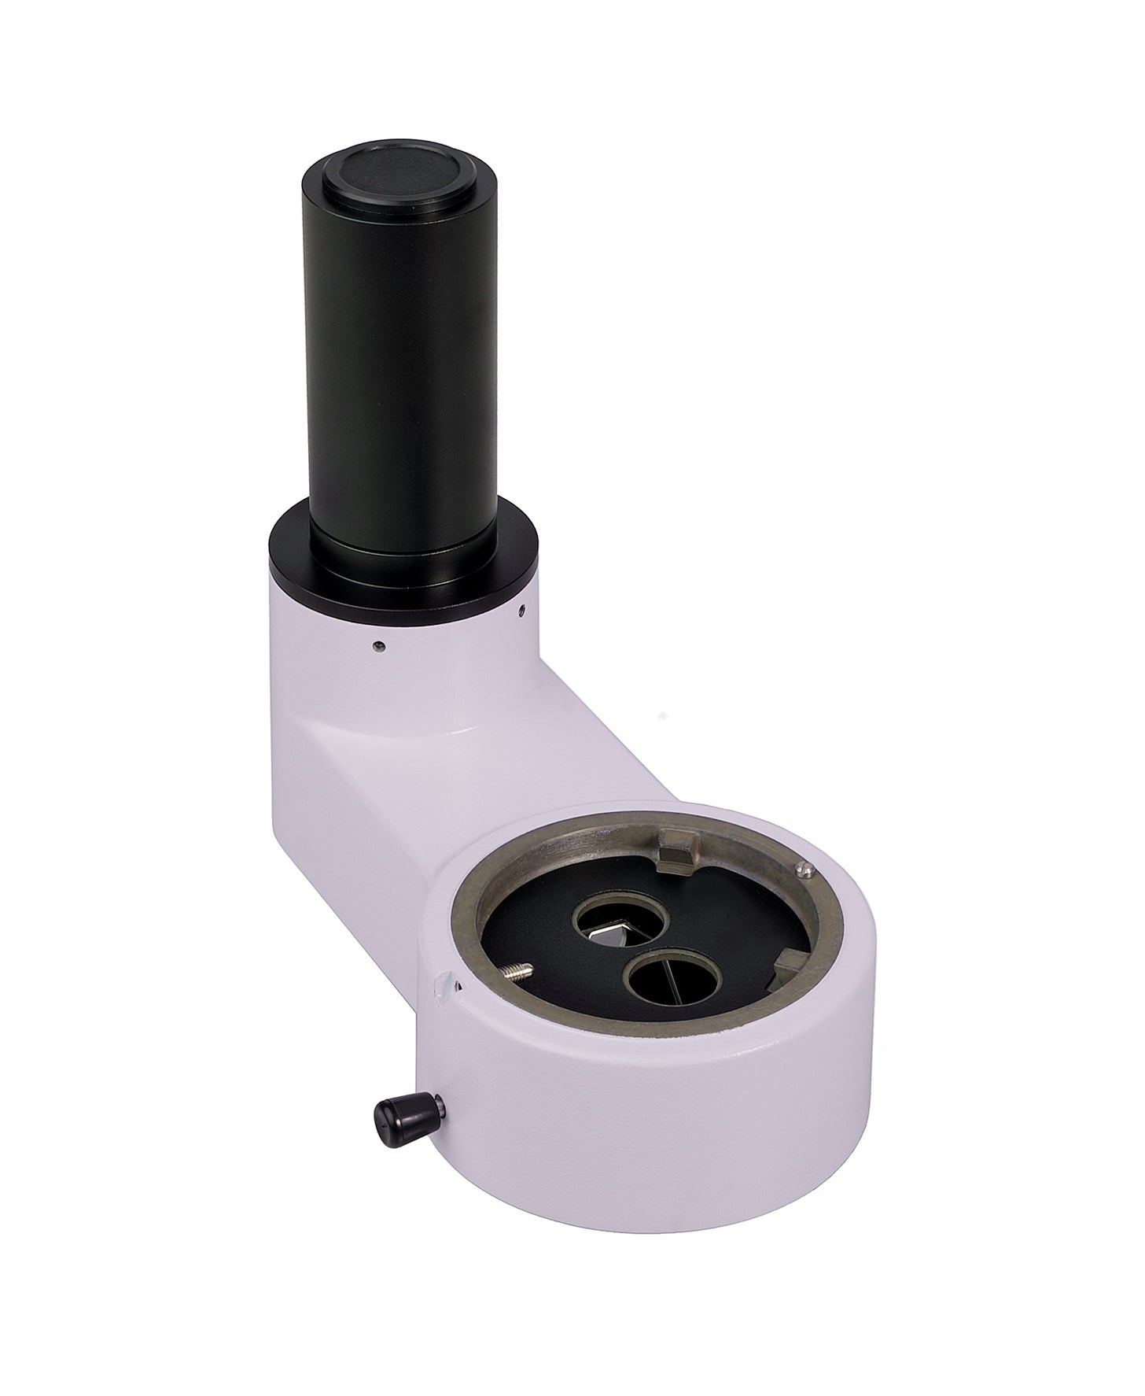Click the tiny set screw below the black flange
pos(380,646)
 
